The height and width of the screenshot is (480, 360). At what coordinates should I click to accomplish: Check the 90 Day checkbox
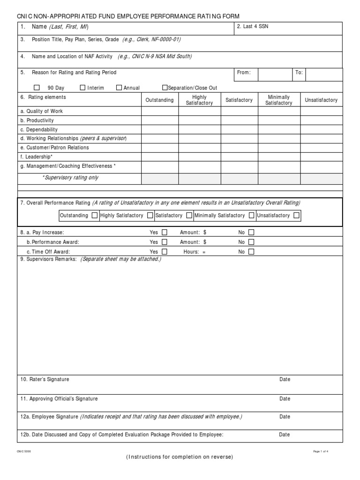37,88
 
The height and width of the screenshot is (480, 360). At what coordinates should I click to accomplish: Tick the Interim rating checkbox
83,88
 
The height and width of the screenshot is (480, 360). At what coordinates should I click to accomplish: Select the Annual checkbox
119,88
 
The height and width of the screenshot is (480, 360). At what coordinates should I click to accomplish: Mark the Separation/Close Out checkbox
165,88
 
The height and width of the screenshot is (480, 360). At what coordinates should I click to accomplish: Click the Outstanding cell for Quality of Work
159,112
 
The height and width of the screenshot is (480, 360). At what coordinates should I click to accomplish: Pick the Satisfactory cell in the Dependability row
239,129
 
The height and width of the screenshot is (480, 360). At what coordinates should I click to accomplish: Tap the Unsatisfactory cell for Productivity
321,120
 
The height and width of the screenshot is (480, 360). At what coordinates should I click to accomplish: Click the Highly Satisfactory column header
199,100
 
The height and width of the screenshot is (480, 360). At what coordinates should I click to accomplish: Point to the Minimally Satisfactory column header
278,100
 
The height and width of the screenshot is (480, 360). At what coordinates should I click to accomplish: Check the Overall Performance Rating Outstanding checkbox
95,216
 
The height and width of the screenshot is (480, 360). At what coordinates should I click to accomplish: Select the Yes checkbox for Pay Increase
165,232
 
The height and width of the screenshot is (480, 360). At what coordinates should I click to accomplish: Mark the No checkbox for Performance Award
251,242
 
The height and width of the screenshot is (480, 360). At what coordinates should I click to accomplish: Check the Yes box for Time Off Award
165,252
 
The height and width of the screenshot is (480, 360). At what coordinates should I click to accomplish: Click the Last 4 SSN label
253,27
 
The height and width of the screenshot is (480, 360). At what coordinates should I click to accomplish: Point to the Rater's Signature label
45,379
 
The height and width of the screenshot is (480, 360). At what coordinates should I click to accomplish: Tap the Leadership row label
36,157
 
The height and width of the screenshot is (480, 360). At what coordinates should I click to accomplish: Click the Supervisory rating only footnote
70,178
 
